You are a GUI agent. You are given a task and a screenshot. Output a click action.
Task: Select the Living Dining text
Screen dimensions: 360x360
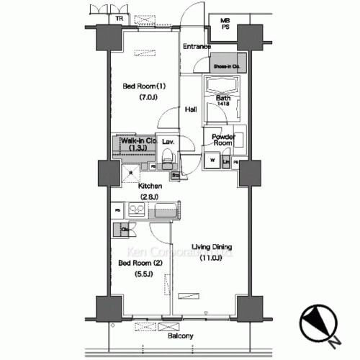[212, 247]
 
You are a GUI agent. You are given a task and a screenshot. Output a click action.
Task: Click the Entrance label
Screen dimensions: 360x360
[196, 47]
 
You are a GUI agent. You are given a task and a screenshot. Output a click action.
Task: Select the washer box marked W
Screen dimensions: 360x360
[213, 160]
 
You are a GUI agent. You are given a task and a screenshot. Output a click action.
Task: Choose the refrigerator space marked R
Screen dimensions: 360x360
[130, 172]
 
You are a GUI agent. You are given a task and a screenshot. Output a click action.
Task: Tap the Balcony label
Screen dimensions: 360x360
[180, 336]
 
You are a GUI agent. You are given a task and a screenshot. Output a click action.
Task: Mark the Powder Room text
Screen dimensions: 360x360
[222, 140]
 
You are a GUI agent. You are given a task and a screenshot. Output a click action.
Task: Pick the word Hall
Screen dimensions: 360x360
[192, 109]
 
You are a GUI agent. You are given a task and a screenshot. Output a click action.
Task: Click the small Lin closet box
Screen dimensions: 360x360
[227, 162]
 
